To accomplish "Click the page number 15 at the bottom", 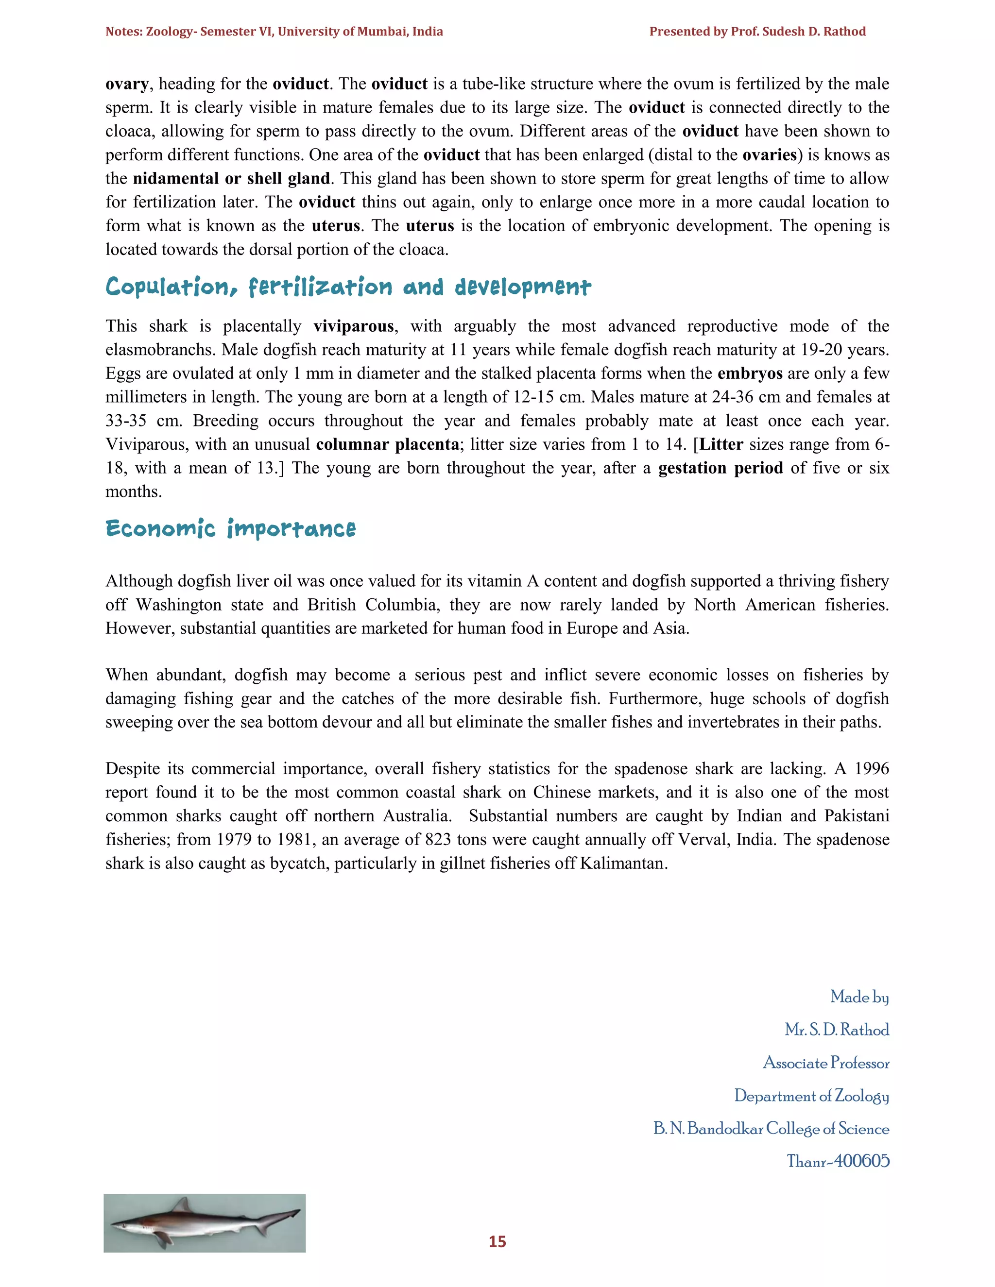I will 497,1242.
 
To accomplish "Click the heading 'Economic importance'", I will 230,528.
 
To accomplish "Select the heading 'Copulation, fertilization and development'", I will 348,287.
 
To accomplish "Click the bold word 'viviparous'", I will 354,326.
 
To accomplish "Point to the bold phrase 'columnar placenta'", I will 387,444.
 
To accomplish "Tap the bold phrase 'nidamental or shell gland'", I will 231,179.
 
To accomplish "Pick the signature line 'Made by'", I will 859,997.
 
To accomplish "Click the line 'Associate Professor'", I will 826,1063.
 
